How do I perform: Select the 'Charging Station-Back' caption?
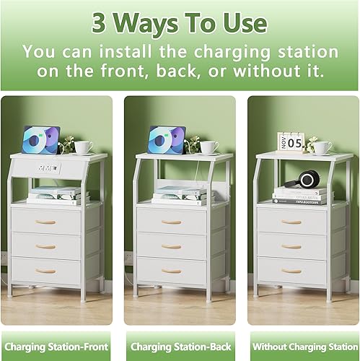point(180,346)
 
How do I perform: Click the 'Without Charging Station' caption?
point(303,346)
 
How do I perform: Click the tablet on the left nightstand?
point(41,139)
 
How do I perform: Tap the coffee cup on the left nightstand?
point(84,147)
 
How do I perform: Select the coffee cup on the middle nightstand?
point(209,147)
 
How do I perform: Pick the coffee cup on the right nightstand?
point(322,147)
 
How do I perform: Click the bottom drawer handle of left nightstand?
point(46,271)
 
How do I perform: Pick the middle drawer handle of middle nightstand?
point(171,246)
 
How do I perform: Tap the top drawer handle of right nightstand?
point(291,222)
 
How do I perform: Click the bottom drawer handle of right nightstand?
point(291,271)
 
